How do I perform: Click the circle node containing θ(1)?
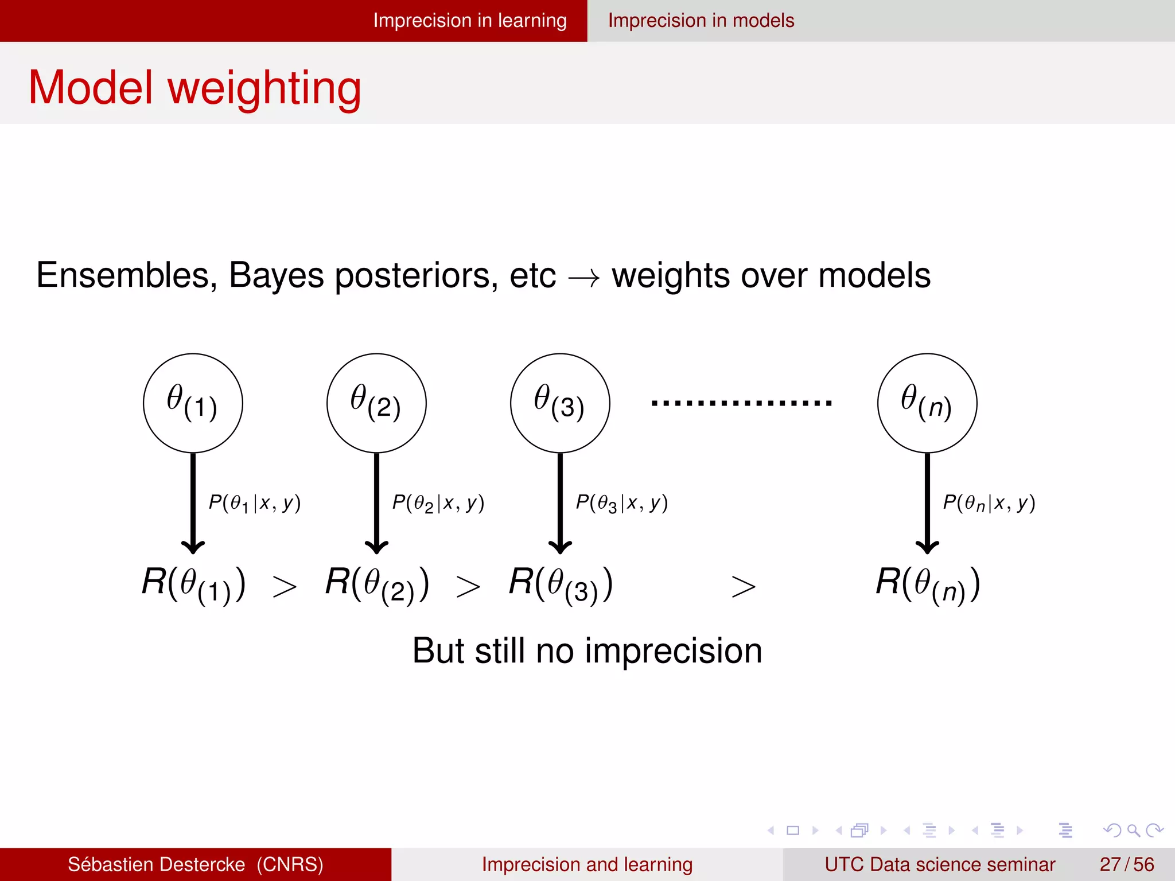193,403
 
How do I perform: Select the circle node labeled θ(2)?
376,403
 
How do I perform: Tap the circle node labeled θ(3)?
560,403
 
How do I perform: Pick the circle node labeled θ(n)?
927,403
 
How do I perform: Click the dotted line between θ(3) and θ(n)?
741,403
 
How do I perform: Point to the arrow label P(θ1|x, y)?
254,503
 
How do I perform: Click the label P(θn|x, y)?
989,503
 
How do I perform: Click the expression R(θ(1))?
194,584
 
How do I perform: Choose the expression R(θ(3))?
561,584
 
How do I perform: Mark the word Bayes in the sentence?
277,276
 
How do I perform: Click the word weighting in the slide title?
264,89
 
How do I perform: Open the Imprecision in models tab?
701,21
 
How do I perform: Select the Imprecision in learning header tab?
469,21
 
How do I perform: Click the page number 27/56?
1126,864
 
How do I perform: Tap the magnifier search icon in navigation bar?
1133,830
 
